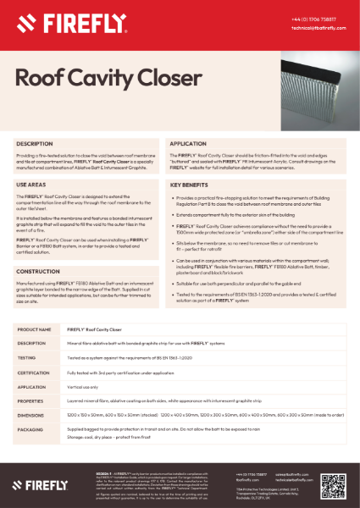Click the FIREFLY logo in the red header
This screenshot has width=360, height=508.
[x=51, y=18]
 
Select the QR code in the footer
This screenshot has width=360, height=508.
[x=331, y=484]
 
